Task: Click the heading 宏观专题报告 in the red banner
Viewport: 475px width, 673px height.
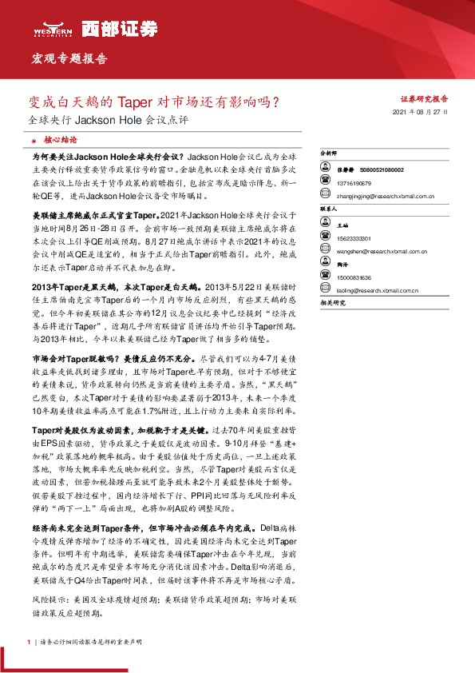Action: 69,59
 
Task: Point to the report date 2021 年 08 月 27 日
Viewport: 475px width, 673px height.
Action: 422,113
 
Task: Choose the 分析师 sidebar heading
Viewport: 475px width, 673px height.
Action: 328,152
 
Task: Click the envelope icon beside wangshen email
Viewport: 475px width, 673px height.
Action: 325,251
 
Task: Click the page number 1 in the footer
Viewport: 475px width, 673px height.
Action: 30,642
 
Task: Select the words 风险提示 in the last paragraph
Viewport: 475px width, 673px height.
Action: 47,599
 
